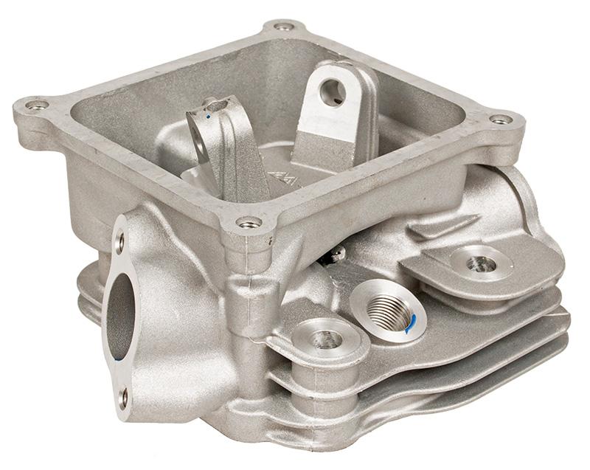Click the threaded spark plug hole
(x=386, y=311)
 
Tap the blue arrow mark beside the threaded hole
(x=412, y=322)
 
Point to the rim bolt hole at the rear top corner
(x=283, y=27)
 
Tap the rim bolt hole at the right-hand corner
(x=501, y=120)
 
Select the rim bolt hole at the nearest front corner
(x=249, y=222)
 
